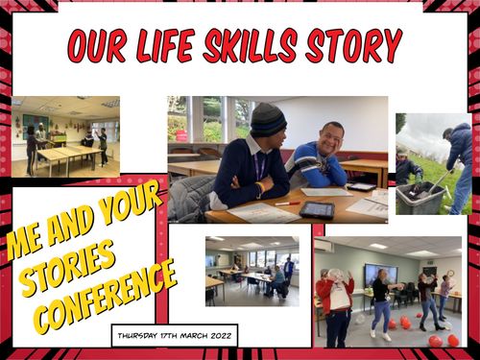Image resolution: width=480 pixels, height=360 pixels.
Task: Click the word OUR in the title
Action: pyautogui.click(x=96, y=45)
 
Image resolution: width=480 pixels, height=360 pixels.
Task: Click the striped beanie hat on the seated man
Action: pyautogui.click(x=268, y=118)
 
